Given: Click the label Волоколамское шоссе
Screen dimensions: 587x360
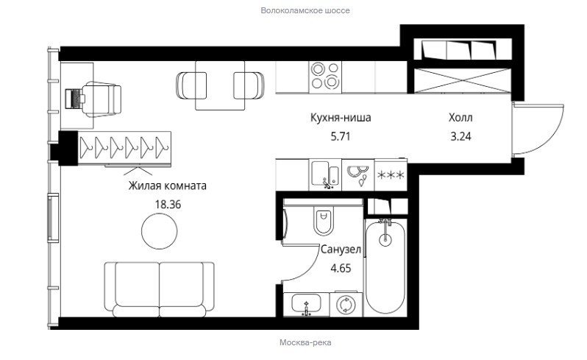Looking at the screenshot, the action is pyautogui.click(x=305, y=10).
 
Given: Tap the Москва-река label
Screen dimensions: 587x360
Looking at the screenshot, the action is pyautogui.click(x=305, y=342).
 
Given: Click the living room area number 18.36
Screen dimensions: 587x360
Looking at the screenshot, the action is pyautogui.click(x=168, y=204).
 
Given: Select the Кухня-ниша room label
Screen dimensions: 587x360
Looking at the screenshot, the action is pyautogui.click(x=341, y=118).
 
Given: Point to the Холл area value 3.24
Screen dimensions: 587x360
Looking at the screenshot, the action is pyautogui.click(x=460, y=136).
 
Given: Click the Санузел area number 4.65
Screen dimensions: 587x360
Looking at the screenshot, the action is pyautogui.click(x=341, y=268).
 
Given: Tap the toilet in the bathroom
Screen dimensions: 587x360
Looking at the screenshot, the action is pyautogui.click(x=324, y=220).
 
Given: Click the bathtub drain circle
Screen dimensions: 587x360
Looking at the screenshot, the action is pyautogui.click(x=385, y=239).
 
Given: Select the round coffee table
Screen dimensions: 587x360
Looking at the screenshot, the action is pyautogui.click(x=160, y=231).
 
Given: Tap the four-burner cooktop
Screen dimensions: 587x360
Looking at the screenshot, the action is pyautogui.click(x=325, y=77).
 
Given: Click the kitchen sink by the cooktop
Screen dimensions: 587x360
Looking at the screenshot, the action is pyautogui.click(x=325, y=174).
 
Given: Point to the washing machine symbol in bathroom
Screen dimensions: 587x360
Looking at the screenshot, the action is pyautogui.click(x=346, y=304).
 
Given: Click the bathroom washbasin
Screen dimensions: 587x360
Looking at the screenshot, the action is pyautogui.click(x=306, y=304).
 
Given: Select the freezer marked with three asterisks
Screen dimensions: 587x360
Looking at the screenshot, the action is pyautogui.click(x=391, y=175).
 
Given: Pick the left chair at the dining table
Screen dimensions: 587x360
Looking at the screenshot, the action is pyautogui.click(x=191, y=85).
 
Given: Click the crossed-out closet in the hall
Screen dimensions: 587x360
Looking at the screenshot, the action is pyautogui.click(x=463, y=80).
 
